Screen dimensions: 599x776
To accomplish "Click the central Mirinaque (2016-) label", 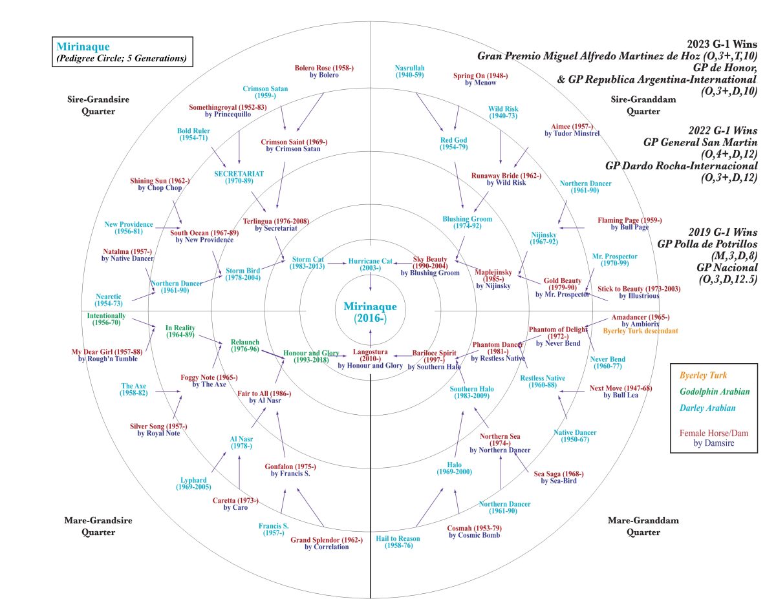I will tap(370, 312).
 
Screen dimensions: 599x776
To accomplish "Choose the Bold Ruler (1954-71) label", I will tap(193, 134).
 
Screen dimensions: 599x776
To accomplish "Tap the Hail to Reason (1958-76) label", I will tap(397, 542).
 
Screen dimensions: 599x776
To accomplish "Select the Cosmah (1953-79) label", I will tap(474, 531).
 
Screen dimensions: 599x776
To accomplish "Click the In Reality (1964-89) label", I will tap(180, 331).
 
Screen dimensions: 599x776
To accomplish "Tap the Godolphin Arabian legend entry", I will tap(714, 391).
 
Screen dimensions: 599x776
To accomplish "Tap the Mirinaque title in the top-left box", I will tap(83, 47).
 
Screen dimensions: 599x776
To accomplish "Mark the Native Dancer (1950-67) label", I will tap(575, 436).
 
